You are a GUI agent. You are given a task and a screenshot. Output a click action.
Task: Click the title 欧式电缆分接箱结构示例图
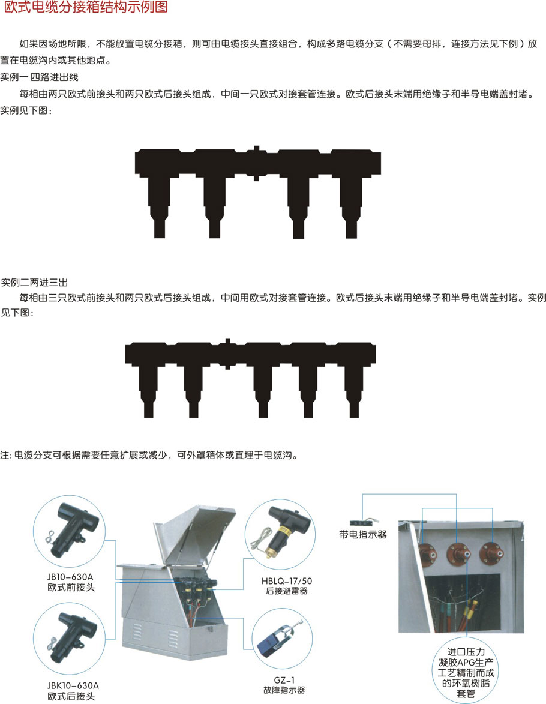(x=85, y=7)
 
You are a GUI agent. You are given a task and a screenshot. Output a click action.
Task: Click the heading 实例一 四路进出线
(x=39, y=77)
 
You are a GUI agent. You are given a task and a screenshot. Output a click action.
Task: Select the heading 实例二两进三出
(x=35, y=283)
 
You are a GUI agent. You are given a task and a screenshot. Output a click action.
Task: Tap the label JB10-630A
(x=70, y=577)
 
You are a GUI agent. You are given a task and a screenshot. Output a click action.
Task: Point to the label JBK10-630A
(x=73, y=685)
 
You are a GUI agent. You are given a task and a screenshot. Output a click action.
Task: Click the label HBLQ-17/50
(x=286, y=581)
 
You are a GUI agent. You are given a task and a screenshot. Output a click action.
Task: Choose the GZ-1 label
(x=284, y=680)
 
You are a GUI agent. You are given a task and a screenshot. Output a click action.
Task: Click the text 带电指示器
(x=363, y=535)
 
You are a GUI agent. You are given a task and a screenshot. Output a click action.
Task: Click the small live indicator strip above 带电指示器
(x=365, y=522)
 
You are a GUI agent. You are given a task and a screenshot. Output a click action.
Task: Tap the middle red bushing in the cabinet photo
(x=459, y=555)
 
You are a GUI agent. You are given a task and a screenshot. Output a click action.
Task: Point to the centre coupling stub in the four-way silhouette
(x=256, y=163)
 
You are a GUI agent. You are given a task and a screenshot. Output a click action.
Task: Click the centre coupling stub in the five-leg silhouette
(x=227, y=354)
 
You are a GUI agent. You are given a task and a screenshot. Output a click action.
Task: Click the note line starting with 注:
(x=149, y=456)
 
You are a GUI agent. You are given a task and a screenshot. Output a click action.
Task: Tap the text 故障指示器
(x=284, y=690)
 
